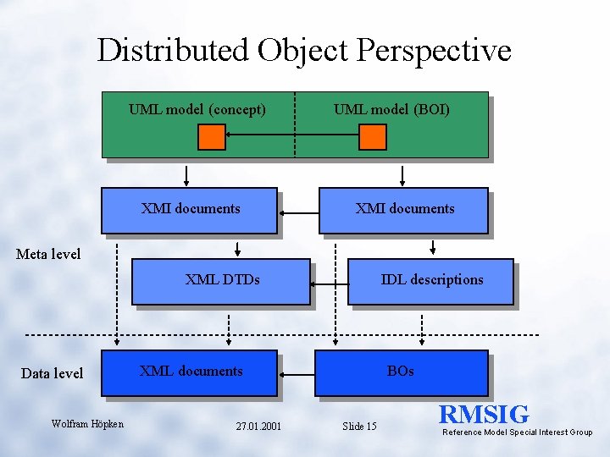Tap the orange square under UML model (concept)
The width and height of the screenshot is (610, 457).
click(x=212, y=137)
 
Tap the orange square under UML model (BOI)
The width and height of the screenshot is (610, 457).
click(x=373, y=137)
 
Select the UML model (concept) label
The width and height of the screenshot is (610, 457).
click(x=197, y=109)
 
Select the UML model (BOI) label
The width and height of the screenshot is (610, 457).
click(x=391, y=109)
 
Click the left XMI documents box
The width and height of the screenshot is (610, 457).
click(x=190, y=210)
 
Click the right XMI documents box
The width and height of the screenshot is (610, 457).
click(x=404, y=210)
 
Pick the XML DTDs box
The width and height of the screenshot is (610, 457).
click(x=221, y=281)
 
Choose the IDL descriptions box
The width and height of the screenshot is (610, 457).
click(x=431, y=281)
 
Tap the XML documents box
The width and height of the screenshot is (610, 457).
click(x=190, y=373)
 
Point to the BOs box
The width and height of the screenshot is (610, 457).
click(x=401, y=373)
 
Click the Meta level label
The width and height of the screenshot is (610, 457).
click(x=48, y=254)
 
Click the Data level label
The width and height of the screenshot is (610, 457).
click(x=52, y=373)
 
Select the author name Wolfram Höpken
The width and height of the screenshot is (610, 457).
click(x=87, y=423)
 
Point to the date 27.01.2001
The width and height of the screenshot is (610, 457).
click(x=258, y=426)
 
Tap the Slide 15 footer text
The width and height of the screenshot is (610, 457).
click(x=359, y=426)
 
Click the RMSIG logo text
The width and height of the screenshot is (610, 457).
click(x=484, y=415)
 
